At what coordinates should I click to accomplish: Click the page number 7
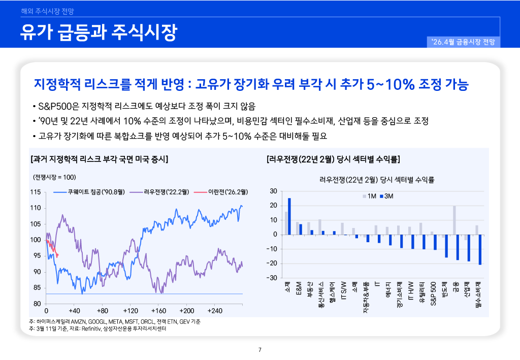point(260,349)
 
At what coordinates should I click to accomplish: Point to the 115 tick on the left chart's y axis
point(35,192)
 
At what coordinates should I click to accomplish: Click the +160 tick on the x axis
point(159,310)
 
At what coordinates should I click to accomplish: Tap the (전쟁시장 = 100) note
point(54,177)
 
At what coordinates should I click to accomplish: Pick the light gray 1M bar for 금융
point(454,220)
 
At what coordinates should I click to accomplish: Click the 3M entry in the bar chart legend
point(389,197)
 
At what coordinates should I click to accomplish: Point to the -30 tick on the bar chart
point(272,278)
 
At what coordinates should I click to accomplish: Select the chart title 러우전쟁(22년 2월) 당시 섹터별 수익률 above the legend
point(377,179)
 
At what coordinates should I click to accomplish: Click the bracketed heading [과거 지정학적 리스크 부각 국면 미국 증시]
point(100,159)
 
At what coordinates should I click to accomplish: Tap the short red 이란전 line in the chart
point(53,249)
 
